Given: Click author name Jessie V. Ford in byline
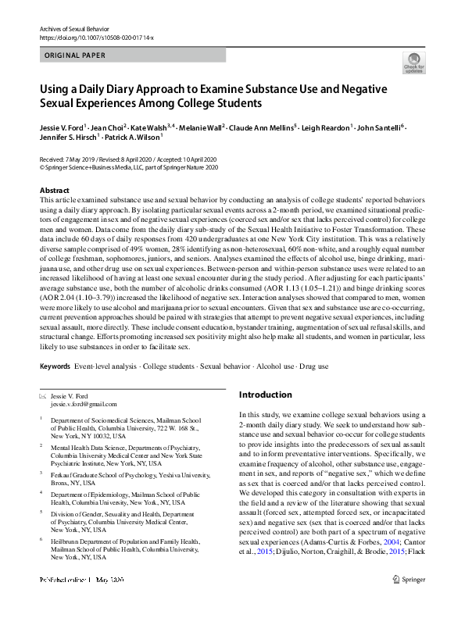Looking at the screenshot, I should [x=62, y=127].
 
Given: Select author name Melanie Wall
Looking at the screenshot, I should [x=202, y=127].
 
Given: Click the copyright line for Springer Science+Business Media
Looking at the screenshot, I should [x=129, y=166].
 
